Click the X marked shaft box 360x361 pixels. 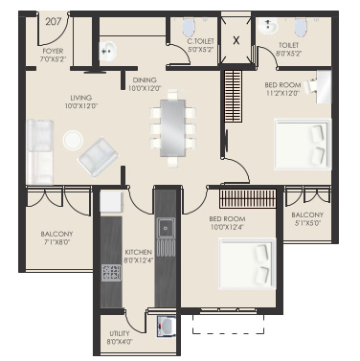[238, 39]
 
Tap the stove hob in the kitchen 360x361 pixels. [111, 272]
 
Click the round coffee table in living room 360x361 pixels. [72, 140]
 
